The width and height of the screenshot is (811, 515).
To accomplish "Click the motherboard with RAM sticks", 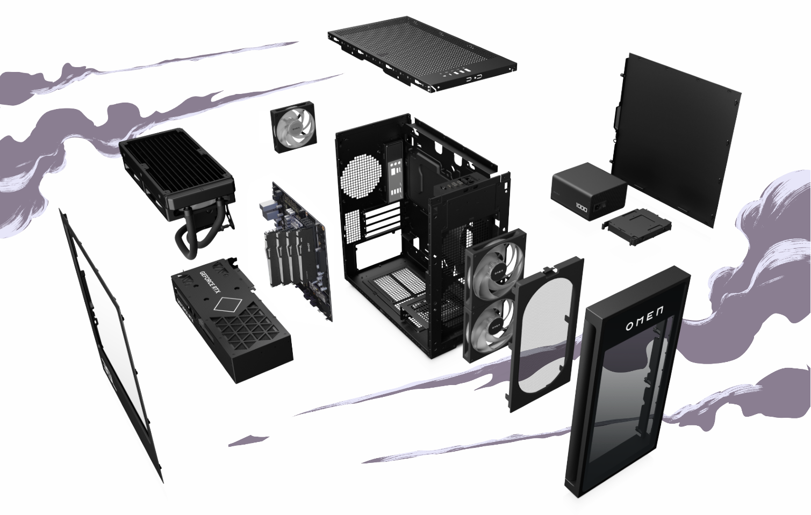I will pyautogui.click(x=296, y=247).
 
